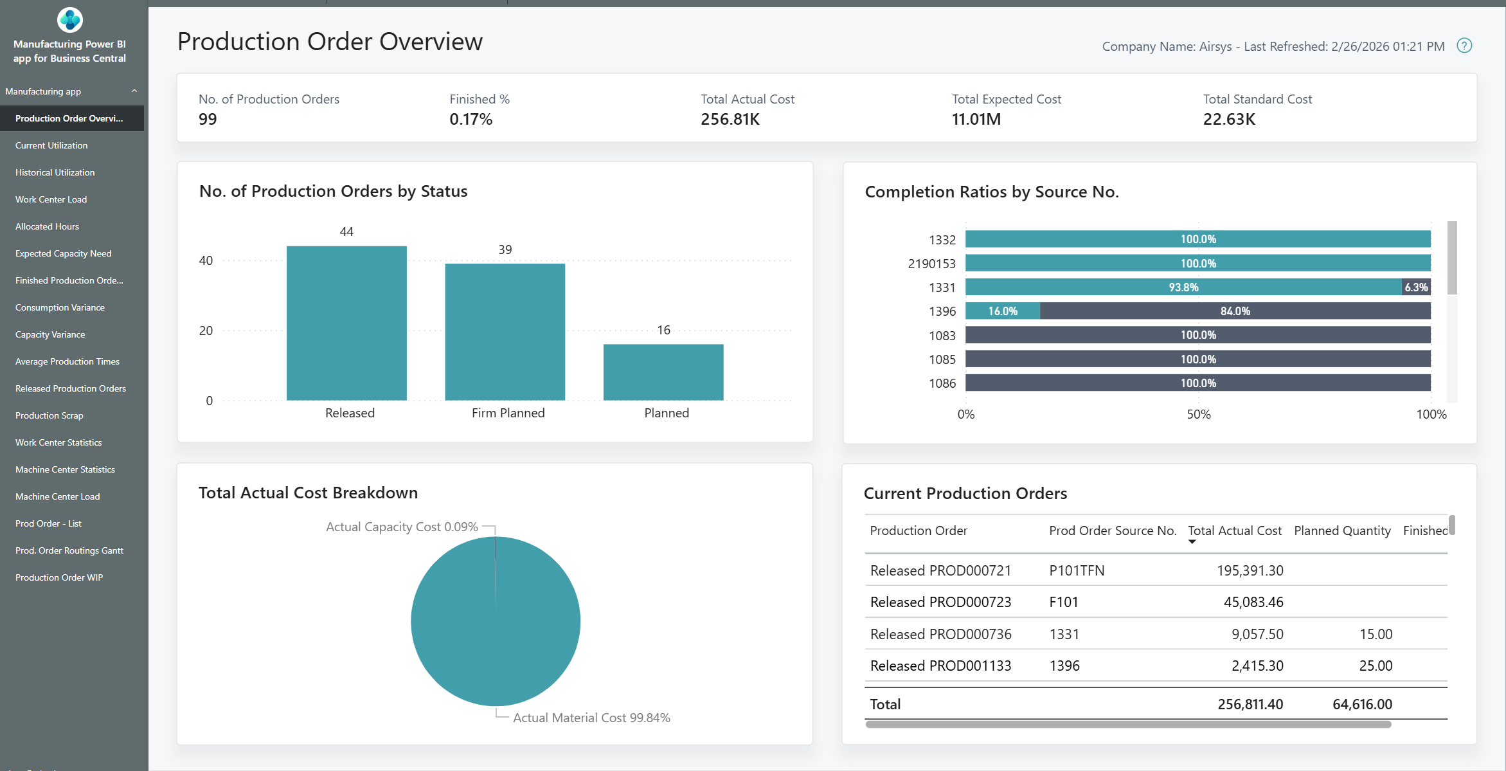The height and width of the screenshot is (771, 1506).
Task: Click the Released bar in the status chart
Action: (346, 323)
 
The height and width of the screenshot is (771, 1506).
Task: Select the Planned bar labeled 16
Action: (663, 372)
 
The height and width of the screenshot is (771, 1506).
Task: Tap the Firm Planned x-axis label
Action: (508, 413)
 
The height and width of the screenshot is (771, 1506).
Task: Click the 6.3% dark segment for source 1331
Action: (1416, 287)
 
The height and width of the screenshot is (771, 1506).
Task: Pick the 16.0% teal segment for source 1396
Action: (1003, 311)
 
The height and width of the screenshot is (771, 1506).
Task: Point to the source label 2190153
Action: (931, 264)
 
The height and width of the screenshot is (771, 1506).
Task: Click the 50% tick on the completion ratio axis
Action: (1198, 414)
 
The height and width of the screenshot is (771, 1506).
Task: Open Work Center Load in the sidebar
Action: (51, 199)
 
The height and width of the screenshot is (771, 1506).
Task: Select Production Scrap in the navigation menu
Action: (49, 415)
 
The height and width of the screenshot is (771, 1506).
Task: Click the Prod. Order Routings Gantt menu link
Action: (69, 550)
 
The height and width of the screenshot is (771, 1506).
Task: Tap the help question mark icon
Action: (1464, 46)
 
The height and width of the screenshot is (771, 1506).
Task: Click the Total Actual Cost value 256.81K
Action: (730, 120)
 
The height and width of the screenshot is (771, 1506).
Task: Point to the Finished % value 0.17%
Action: (471, 120)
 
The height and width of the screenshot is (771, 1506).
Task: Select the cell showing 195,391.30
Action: (1250, 570)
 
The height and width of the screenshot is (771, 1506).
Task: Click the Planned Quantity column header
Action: (1342, 531)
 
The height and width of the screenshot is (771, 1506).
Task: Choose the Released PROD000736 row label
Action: (940, 634)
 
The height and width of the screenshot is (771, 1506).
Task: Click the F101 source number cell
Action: (1064, 602)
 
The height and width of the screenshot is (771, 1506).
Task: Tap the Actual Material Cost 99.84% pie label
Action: (591, 718)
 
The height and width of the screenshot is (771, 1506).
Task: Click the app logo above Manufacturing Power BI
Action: (69, 20)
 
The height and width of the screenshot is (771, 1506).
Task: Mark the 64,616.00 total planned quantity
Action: (1362, 704)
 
